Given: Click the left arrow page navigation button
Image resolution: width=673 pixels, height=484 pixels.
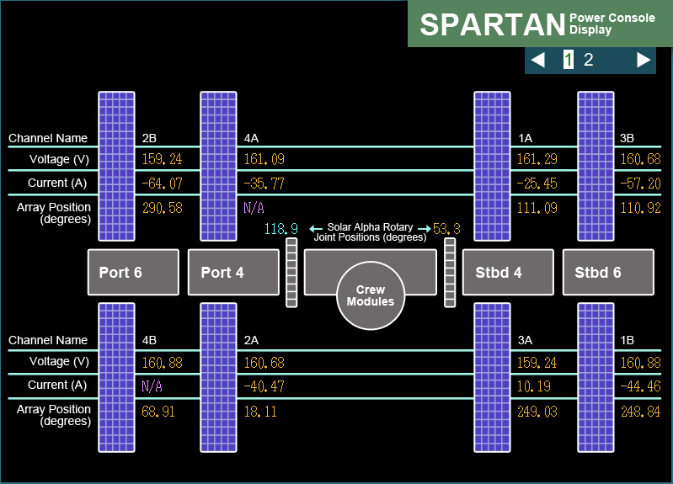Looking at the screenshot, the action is click(538, 60).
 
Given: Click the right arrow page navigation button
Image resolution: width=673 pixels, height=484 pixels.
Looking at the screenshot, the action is click(644, 60).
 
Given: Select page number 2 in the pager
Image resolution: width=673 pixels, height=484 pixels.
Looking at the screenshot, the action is click(589, 60).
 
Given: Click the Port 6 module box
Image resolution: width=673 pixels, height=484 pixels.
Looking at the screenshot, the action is click(133, 272).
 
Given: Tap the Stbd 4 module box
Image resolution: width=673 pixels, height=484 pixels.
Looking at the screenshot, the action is click(508, 272).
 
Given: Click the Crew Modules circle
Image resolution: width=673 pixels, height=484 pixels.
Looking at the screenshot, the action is click(371, 295).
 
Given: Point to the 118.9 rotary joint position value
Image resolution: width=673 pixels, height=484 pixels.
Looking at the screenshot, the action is click(281, 229).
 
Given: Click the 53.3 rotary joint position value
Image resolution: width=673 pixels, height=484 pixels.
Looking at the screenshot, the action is click(446, 229).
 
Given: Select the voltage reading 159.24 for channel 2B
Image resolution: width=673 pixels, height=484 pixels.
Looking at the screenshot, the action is click(163, 159).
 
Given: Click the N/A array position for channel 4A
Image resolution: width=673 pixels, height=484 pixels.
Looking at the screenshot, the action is click(254, 208).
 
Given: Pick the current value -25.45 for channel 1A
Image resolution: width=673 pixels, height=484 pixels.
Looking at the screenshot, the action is click(537, 183).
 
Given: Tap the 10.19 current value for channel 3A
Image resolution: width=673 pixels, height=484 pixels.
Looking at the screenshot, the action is click(534, 386).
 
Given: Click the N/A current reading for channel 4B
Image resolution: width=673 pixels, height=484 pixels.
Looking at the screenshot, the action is click(152, 386).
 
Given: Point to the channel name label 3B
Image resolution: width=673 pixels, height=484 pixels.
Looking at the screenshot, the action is click(627, 138).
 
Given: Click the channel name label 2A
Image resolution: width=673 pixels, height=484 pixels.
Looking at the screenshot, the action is click(252, 340).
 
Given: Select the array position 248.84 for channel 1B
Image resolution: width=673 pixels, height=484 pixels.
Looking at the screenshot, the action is click(641, 412).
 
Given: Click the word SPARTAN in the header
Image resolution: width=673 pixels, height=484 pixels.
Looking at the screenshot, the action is click(493, 24).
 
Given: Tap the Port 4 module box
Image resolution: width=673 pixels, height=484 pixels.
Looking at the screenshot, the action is click(233, 272).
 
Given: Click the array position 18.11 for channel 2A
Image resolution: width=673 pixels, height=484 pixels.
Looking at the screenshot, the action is click(260, 412).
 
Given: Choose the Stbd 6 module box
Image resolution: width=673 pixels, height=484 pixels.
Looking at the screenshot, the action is click(608, 272).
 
